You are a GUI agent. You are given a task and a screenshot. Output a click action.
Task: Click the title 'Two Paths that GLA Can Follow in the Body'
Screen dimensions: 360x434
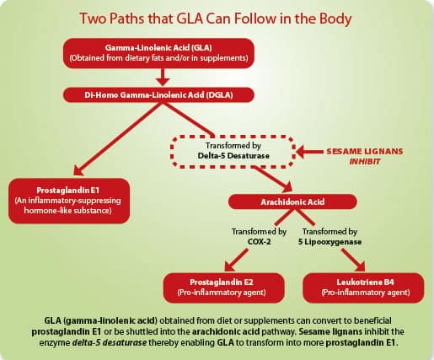(217, 19)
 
